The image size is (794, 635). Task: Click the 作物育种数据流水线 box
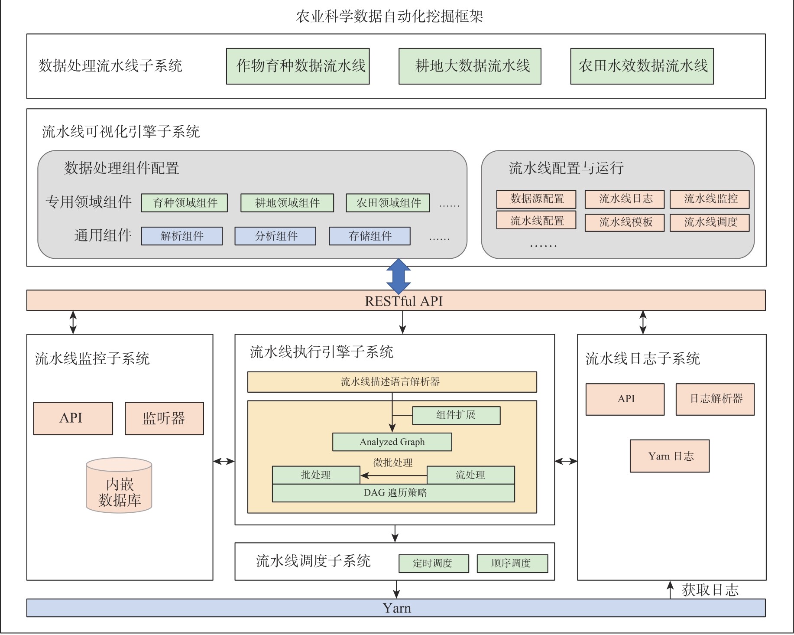point(298,66)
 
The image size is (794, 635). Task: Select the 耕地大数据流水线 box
point(470,66)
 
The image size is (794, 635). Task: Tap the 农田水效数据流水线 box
point(642,66)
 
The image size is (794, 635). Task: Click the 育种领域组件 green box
point(184,203)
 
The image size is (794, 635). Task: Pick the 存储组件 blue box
point(369,236)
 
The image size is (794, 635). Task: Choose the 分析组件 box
point(275,236)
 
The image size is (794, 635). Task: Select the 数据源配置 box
point(536,199)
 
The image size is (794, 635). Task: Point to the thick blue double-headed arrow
point(398,276)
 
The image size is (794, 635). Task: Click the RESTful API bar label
point(403,301)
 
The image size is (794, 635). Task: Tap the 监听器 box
point(164,418)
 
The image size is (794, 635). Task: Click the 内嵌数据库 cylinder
point(119,486)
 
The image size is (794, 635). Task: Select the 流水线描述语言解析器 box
point(392,382)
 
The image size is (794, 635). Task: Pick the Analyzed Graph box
point(392,442)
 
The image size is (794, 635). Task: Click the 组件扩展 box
point(456,415)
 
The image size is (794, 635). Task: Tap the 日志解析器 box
point(715,399)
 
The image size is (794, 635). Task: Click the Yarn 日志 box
point(669,456)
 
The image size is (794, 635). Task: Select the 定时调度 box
point(433,563)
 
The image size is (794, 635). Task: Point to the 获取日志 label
point(710,590)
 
